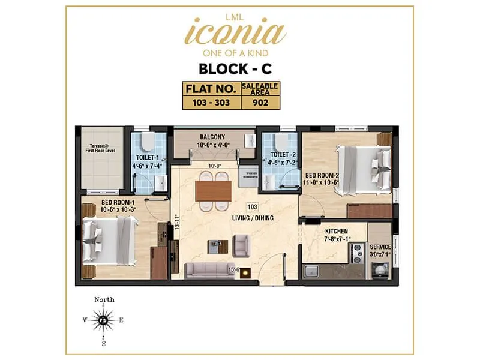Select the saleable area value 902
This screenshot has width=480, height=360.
(x=260, y=102)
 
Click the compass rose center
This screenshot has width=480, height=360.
(x=103, y=320)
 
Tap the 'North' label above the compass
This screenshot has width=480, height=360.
(x=104, y=299)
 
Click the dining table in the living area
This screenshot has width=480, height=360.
(x=213, y=190)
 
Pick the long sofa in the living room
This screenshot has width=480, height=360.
(x=210, y=270)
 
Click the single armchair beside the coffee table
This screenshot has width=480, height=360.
(x=241, y=244)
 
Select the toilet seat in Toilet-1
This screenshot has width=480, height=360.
(x=147, y=142)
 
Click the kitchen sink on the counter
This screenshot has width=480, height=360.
(x=311, y=271)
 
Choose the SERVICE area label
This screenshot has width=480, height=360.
(x=380, y=247)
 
